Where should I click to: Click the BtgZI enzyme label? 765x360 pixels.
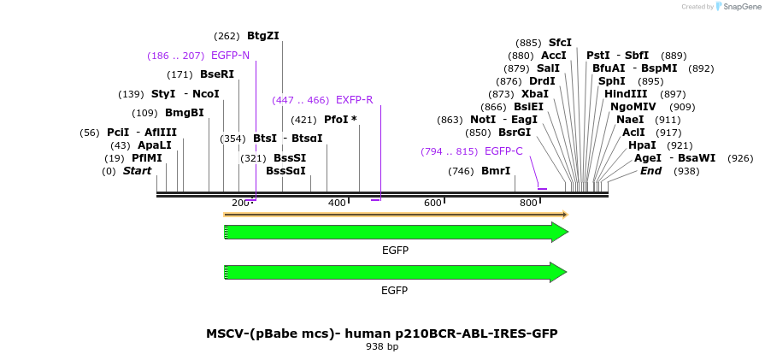click(x=263, y=36)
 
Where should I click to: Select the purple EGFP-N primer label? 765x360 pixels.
click(x=230, y=56)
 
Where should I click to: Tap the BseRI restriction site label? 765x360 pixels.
click(x=217, y=74)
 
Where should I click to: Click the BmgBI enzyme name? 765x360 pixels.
click(x=185, y=113)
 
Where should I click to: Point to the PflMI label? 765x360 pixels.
click(x=147, y=158)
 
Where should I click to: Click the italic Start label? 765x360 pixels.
click(x=137, y=171)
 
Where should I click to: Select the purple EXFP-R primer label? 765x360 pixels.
click(x=354, y=100)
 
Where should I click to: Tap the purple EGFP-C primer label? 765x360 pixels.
click(x=503, y=151)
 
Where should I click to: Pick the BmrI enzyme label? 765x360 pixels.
click(x=496, y=171)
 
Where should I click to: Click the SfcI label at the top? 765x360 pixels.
click(x=561, y=43)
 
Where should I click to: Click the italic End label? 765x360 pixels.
click(x=650, y=171)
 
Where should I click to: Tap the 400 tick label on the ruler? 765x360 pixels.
click(x=337, y=203)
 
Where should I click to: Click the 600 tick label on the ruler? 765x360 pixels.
click(x=433, y=203)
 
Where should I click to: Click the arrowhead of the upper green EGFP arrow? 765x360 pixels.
click(x=560, y=232)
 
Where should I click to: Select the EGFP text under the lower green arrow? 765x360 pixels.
click(x=394, y=290)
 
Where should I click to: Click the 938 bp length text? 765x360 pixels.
click(x=382, y=347)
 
